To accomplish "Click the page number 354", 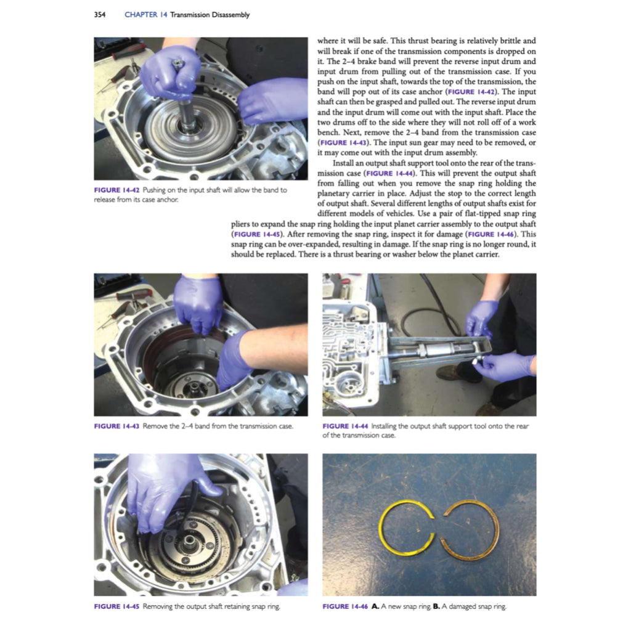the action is pyautogui.click(x=99, y=15).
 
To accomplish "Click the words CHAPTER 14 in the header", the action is pyautogui.click(x=145, y=15).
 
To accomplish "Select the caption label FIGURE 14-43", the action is pyautogui.click(x=116, y=426).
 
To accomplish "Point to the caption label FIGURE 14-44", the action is pyautogui.click(x=345, y=426).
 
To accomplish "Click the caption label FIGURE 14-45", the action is pyautogui.click(x=116, y=606).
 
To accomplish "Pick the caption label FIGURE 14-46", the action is pyautogui.click(x=345, y=606).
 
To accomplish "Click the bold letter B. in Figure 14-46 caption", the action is pyautogui.click(x=436, y=606).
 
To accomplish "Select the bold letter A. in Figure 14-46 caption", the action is pyautogui.click(x=375, y=606).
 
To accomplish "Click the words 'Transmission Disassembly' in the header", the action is pyautogui.click(x=210, y=15).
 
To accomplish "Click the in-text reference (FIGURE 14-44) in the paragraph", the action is pyautogui.click(x=390, y=173).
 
